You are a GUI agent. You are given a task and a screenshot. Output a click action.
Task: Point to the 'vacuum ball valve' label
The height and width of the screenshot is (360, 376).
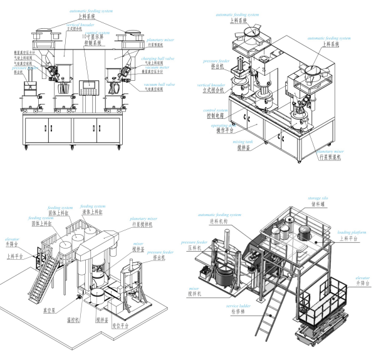159,85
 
